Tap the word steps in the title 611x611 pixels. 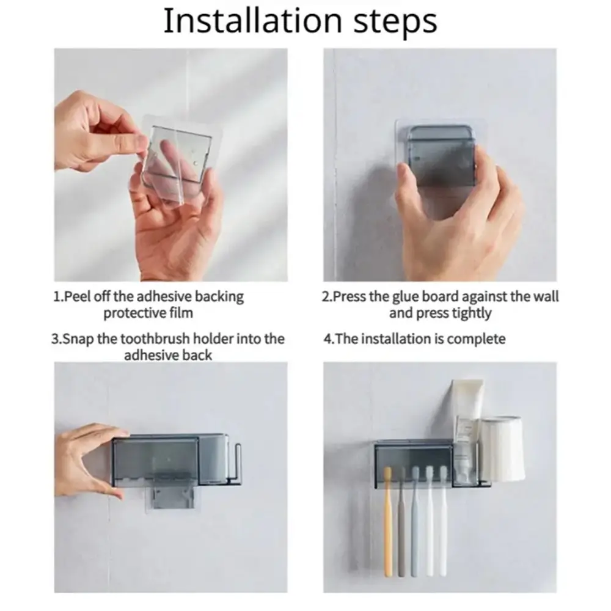[x=395, y=23]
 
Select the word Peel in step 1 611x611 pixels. [x=75, y=296]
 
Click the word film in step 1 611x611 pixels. [x=181, y=312]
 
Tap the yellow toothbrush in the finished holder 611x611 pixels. [x=388, y=522]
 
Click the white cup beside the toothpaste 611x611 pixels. [x=502, y=448]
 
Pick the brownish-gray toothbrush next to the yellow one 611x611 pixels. [x=401, y=522]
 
